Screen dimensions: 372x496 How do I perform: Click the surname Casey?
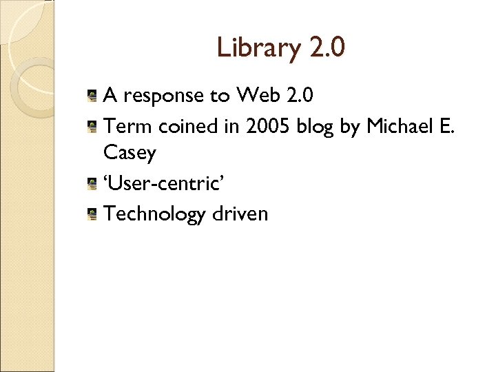click(x=130, y=154)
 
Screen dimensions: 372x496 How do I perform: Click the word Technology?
click(x=154, y=214)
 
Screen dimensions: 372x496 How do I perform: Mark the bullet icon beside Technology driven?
click(x=92, y=214)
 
